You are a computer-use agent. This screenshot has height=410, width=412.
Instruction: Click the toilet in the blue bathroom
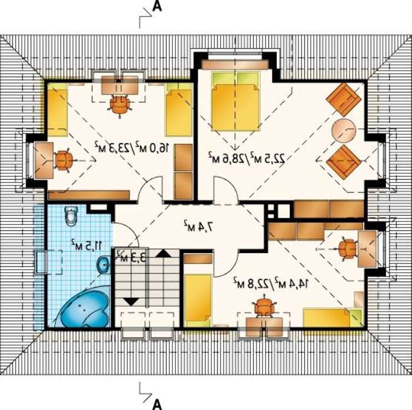tap(71, 216)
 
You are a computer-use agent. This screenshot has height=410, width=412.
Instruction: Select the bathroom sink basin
tap(104, 265)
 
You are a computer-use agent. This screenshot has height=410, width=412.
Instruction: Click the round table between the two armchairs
tap(344, 130)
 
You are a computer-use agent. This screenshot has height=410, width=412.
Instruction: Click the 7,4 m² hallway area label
tap(198, 226)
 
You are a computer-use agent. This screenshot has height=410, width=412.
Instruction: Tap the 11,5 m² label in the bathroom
tap(86, 246)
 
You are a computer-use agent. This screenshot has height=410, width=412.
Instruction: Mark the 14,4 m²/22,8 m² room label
tap(271, 283)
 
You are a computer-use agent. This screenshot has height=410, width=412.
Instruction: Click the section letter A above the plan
tap(157, 6)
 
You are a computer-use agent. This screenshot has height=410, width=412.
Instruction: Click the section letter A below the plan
tap(157, 405)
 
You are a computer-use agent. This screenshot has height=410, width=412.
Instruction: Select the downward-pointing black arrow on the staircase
tap(131, 302)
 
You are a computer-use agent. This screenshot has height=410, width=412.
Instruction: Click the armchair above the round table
tap(343, 100)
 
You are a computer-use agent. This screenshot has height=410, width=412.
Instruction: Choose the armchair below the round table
tap(343, 162)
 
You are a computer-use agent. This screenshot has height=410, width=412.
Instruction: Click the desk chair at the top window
tap(120, 104)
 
